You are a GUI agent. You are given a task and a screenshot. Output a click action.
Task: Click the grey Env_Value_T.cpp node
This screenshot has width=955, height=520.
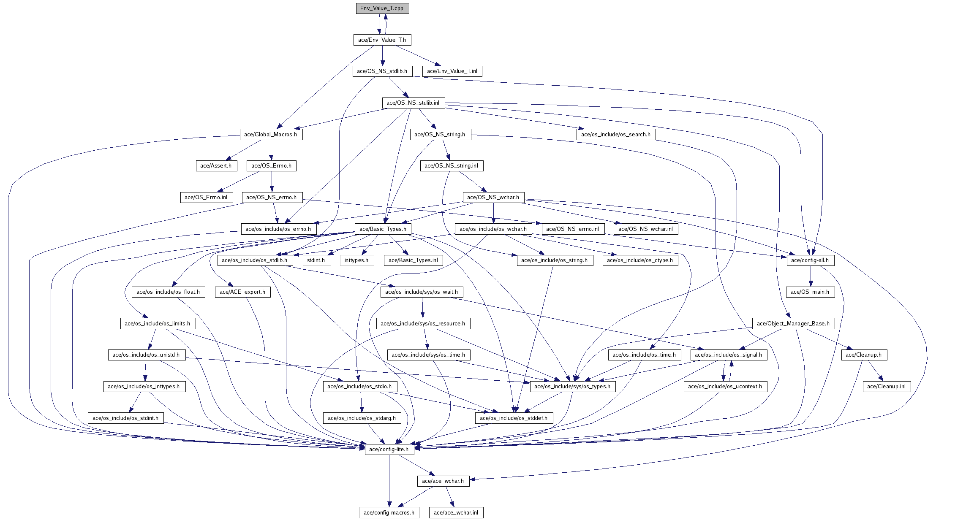382,8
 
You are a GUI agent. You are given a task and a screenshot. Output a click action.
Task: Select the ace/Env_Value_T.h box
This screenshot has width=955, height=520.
382,40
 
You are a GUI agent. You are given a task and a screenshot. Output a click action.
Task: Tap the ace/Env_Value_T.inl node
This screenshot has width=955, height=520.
452,71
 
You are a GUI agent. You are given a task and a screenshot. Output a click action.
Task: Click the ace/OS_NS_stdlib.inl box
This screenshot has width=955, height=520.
413,103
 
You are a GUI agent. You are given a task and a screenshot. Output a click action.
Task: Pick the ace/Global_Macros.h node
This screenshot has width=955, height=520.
270,135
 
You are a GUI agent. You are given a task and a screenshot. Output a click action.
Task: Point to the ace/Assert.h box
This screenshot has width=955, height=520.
216,166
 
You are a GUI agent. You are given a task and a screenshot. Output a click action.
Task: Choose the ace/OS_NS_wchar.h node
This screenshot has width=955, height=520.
493,198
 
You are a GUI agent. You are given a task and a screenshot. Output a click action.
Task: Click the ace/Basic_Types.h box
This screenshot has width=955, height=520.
383,229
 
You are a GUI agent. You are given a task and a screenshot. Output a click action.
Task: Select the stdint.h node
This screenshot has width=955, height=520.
316,260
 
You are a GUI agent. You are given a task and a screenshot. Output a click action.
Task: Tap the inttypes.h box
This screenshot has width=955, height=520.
356,260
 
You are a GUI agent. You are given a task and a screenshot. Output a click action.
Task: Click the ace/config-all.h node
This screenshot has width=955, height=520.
810,260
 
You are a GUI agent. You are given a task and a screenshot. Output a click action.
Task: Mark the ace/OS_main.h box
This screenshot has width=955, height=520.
810,292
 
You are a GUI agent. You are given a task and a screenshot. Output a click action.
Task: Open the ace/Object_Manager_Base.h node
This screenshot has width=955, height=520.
793,324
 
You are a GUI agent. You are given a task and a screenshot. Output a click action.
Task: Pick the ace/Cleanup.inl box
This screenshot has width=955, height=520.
886,387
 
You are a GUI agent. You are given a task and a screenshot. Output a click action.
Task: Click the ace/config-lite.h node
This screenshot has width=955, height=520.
389,450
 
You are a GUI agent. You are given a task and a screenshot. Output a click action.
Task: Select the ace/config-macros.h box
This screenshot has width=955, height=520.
389,513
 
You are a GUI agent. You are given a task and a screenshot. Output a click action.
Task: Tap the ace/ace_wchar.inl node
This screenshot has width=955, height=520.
456,513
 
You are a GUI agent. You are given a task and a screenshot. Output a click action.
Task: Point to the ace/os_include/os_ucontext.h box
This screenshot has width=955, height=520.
725,387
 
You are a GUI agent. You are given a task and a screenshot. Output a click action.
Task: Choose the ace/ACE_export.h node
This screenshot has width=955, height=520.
242,292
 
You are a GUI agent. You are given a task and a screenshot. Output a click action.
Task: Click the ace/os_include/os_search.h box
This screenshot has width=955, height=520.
615,135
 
